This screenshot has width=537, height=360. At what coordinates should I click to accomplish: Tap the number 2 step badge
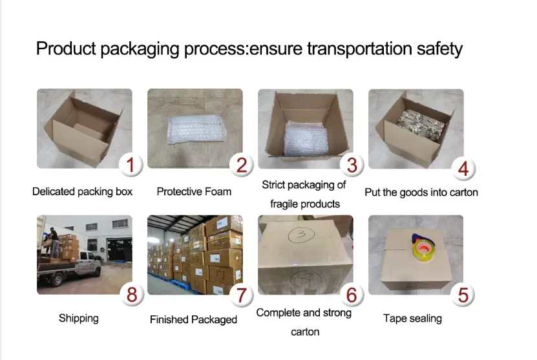[x=241, y=166]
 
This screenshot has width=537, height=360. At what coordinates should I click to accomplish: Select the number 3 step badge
[x=352, y=165]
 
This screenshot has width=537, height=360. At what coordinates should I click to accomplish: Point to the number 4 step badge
[x=463, y=169]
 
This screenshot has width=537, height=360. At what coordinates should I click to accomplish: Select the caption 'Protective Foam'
[x=194, y=191]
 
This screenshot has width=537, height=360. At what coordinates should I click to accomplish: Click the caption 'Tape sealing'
[x=412, y=318]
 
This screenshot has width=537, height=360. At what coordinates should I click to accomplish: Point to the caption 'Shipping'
[x=78, y=318]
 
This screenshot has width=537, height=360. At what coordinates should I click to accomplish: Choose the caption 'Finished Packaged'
[x=193, y=319]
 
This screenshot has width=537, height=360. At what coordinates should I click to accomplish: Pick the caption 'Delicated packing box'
[x=82, y=191]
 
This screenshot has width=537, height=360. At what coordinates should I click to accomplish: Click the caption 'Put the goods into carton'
[x=421, y=192]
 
